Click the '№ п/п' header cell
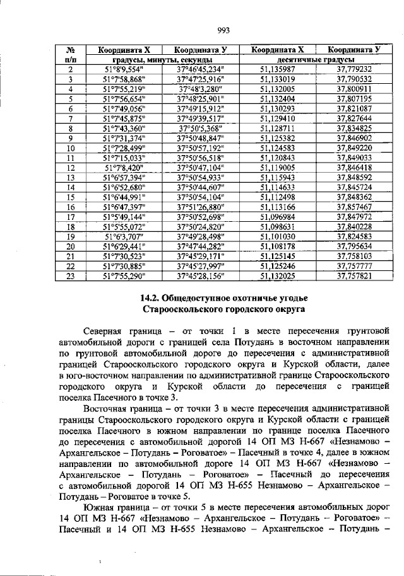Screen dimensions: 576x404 pyautogui.click(x=71, y=54)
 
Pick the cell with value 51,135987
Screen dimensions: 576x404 pyautogui.click(x=278, y=69)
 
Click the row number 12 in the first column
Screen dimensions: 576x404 pyautogui.click(x=71, y=168)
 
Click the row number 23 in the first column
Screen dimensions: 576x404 pyautogui.click(x=71, y=275)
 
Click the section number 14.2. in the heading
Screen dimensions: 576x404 pyautogui.click(x=150, y=297)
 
